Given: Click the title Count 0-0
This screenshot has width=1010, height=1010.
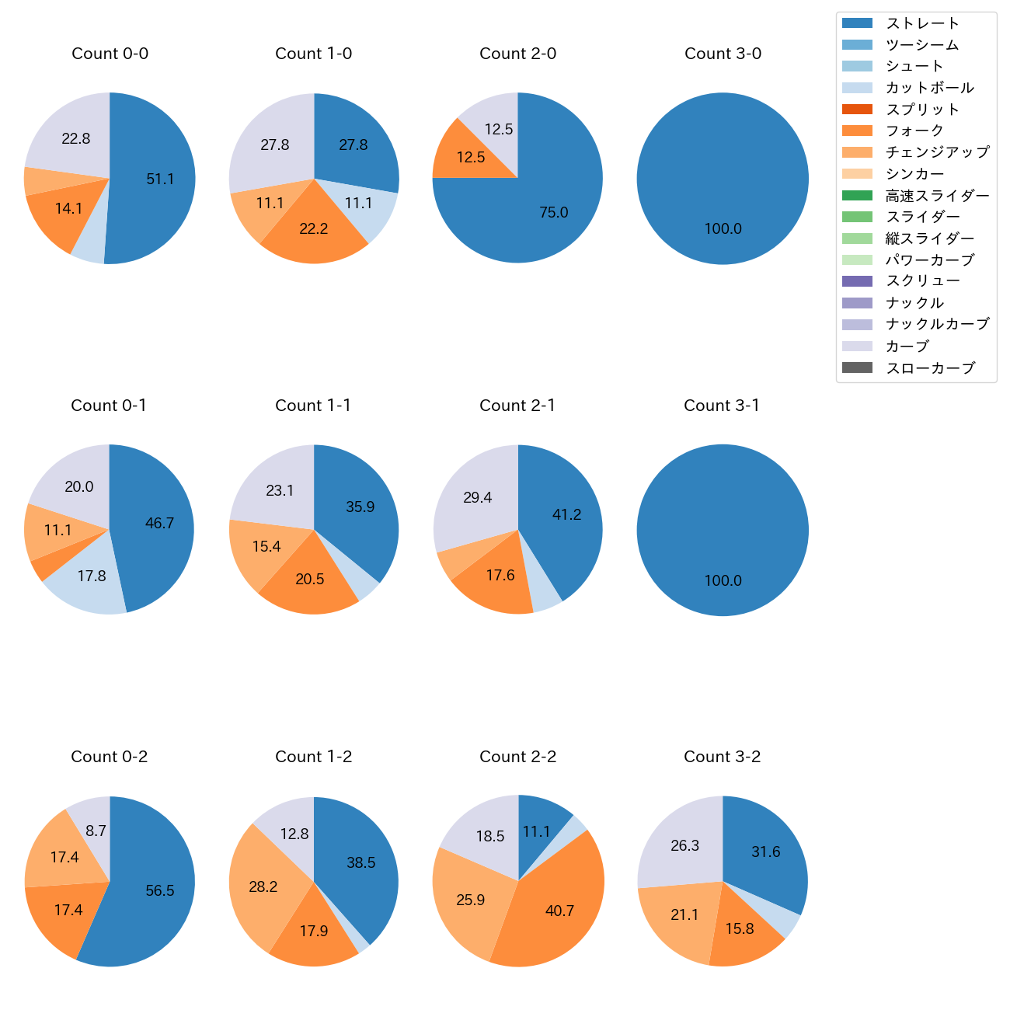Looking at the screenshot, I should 110,54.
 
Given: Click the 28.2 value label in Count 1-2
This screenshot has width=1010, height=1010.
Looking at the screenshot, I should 263,886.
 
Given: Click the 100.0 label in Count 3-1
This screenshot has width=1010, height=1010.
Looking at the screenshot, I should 723,580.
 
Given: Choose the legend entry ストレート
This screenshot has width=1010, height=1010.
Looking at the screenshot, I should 922,23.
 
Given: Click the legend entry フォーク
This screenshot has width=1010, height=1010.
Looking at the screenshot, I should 914,131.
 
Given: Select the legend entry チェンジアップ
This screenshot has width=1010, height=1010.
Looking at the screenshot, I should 937,152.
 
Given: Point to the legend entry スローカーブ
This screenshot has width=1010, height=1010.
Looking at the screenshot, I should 930,368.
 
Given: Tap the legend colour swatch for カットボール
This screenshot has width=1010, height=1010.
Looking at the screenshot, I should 857,88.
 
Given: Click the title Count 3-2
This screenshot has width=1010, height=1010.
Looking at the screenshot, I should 722,757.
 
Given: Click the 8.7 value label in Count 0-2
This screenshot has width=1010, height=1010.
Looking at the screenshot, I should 96,831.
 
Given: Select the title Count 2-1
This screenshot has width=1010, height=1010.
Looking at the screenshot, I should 517,406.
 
